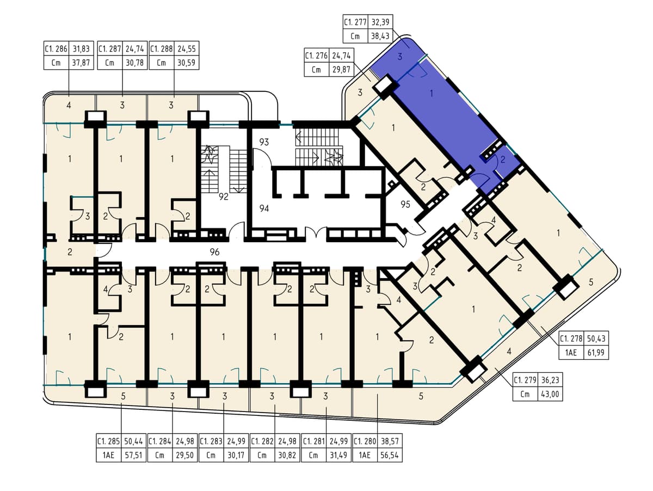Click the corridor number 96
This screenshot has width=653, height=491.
click(x=214, y=252)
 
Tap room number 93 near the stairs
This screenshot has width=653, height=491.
click(x=264, y=142)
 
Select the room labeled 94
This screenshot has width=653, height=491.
click(x=264, y=208)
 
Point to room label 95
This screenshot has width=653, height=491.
click(x=405, y=205)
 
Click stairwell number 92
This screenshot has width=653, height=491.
click(x=224, y=197)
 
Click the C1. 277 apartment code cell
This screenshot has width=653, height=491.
click(x=355, y=22)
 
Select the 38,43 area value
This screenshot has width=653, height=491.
click(x=380, y=36)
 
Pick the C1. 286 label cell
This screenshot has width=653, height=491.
click(x=56, y=48)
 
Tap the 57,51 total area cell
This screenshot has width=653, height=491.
click(x=133, y=455)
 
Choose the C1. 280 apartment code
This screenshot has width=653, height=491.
click(x=365, y=441)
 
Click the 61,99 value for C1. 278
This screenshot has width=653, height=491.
click(x=596, y=353)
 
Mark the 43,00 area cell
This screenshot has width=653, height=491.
click(x=550, y=394)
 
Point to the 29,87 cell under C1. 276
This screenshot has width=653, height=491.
click(x=341, y=70)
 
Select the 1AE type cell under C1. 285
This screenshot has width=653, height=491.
click(x=109, y=455)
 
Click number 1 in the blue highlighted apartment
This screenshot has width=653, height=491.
click(x=432, y=94)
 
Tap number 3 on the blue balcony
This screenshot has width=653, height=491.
click(x=400, y=57)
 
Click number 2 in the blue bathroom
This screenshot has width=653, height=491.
click(x=503, y=160)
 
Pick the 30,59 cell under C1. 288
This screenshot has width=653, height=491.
click(x=187, y=63)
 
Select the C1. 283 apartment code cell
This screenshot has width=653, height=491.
click(x=211, y=441)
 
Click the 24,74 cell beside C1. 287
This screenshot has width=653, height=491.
click(x=135, y=48)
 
